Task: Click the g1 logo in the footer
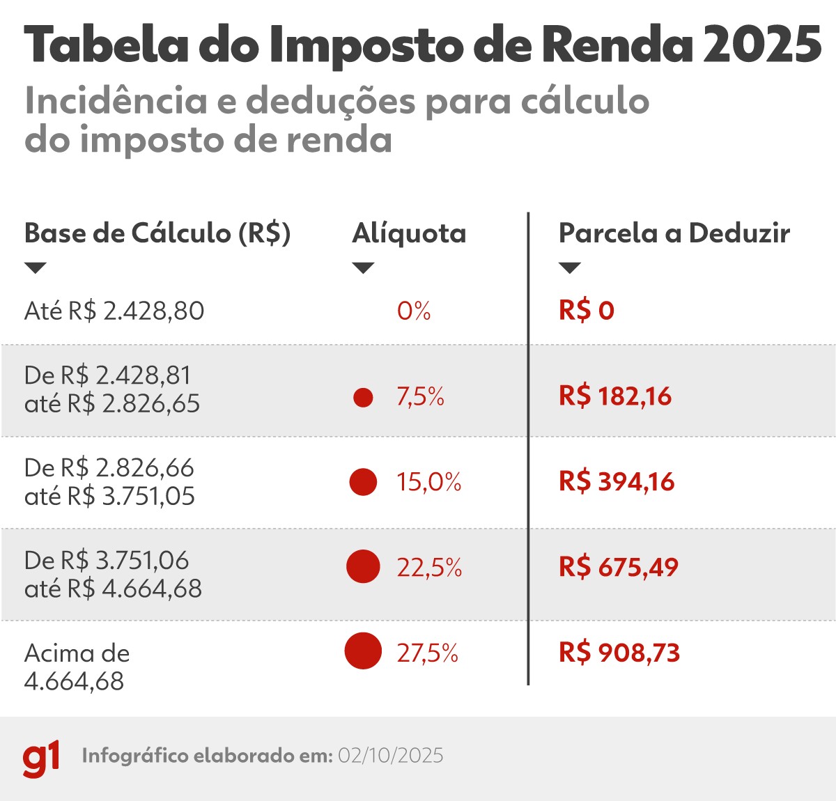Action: click(x=41, y=758)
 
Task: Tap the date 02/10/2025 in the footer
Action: click(x=390, y=756)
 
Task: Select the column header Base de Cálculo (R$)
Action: click(x=157, y=233)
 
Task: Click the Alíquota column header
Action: click(x=409, y=233)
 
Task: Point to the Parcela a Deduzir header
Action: click(x=674, y=233)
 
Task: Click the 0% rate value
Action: click(x=414, y=311)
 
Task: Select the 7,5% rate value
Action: click(x=420, y=397)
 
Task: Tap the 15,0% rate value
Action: click(x=428, y=482)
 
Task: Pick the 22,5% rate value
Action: click(x=429, y=568)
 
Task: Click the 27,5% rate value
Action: click(x=428, y=653)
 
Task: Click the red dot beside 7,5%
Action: click(x=363, y=398)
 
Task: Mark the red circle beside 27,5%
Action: click(x=363, y=651)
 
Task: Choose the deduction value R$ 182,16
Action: click(x=615, y=396)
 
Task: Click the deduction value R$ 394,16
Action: click(x=617, y=482)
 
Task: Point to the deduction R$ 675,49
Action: click(x=618, y=567)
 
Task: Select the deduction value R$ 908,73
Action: click(x=619, y=653)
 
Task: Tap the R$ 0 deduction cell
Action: click(x=586, y=311)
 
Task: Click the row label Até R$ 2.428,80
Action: click(x=114, y=311)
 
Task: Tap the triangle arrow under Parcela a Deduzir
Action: click(x=570, y=268)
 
